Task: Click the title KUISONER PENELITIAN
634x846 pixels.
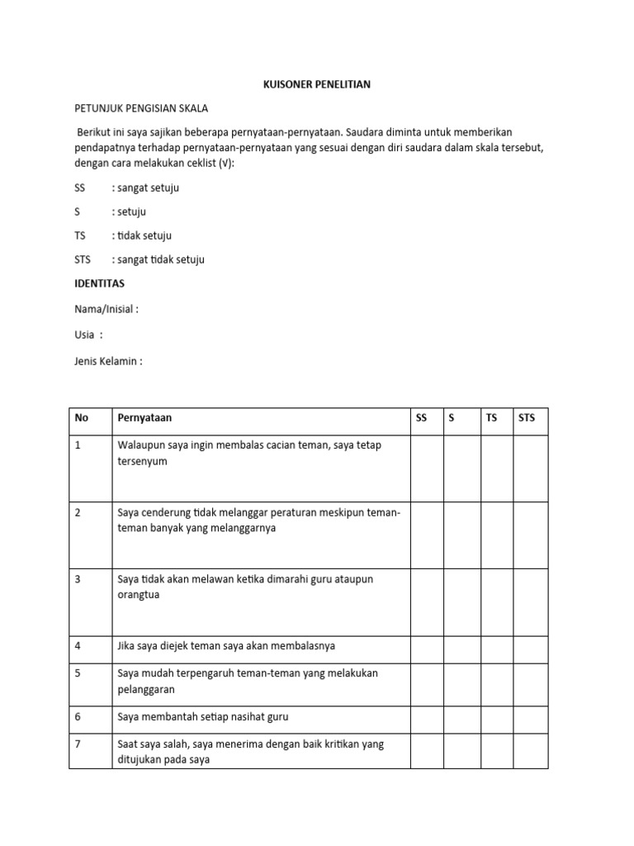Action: click(x=317, y=85)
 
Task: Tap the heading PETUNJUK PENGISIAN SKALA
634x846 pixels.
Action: click(x=141, y=109)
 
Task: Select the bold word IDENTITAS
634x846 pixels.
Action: click(x=99, y=283)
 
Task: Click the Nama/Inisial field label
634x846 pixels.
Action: click(x=106, y=309)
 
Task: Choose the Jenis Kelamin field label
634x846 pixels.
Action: click(x=108, y=361)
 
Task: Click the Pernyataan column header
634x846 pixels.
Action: click(x=144, y=418)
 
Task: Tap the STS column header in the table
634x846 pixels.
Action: click(x=527, y=418)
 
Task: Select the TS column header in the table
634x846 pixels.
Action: click(x=492, y=418)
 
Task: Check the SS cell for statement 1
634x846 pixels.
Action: click(x=427, y=468)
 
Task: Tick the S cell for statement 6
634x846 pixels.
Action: click(x=462, y=717)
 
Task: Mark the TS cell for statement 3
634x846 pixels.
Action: click(x=497, y=602)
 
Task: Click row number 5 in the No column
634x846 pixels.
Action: click(x=78, y=673)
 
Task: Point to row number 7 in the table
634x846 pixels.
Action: click(x=78, y=744)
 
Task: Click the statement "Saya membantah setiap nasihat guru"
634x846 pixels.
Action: click(x=203, y=717)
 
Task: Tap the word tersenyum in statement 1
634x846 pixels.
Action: click(x=143, y=461)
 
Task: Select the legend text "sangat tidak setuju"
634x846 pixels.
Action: click(x=160, y=259)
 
